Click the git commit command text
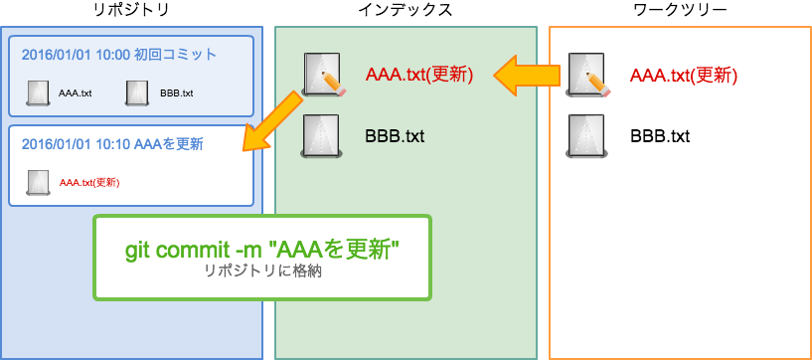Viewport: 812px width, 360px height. point(262,249)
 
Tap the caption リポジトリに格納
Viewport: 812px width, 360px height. point(262,270)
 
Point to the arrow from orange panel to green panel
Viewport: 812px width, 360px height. point(530,76)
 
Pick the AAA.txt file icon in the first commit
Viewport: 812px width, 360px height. point(39,92)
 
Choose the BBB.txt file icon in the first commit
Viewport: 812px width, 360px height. point(137,92)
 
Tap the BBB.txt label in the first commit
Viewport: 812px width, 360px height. point(176,93)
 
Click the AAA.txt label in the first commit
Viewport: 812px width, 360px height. point(76,93)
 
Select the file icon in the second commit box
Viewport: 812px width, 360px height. point(39,181)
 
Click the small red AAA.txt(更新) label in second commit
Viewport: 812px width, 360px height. point(89,182)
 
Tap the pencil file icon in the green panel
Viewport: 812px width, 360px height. point(323,75)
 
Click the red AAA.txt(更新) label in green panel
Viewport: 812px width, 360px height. point(418,75)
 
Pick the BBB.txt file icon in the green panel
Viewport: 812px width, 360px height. point(322,135)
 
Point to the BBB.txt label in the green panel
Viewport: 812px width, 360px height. point(395,135)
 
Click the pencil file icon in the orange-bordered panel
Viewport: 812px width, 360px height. point(586,75)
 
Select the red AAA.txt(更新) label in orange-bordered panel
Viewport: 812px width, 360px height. point(684,75)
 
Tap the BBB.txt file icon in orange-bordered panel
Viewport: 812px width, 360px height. point(586,135)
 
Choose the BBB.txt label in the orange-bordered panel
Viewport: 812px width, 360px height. point(660,135)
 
